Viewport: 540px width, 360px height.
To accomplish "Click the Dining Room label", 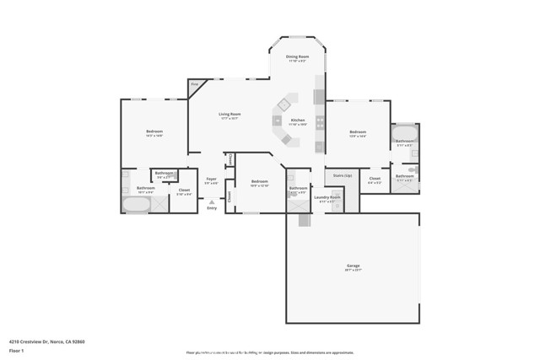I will (297, 56).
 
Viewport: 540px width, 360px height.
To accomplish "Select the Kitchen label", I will (298, 120).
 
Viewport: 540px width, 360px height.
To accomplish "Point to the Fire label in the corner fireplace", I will (194, 84).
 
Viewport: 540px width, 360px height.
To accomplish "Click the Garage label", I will (354, 266).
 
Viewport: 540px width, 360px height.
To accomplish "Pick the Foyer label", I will (211, 179).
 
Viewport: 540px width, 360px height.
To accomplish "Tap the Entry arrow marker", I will (211, 202).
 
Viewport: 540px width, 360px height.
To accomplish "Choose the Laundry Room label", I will (327, 197).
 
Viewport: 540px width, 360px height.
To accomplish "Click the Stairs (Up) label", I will (342, 175).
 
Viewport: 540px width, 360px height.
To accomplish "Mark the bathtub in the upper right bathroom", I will (405, 132).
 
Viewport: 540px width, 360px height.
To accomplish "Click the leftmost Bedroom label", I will (154, 132).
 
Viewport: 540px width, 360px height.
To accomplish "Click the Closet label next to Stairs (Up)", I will (375, 178).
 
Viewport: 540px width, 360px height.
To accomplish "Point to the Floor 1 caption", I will (16, 350).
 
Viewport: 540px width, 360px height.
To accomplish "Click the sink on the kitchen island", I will (285, 104).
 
